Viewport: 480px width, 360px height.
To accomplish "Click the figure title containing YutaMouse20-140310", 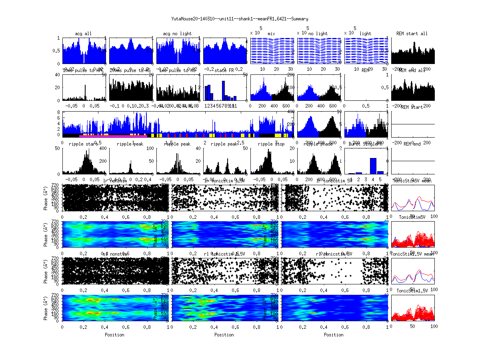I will (x=240, y=19).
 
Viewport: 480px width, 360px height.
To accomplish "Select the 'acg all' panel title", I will (x=83, y=34).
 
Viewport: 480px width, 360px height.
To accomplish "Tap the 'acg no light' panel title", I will (x=177, y=34).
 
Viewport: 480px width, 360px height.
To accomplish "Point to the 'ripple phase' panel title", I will (x=318, y=144).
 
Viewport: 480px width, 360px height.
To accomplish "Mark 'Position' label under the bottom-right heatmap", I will (x=334, y=335).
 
